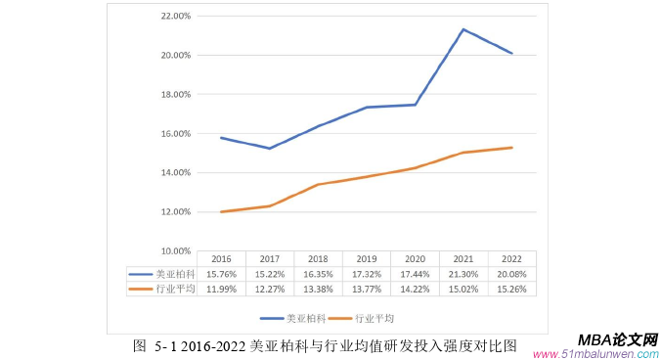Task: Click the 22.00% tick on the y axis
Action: (174, 17)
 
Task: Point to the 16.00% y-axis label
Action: (174, 134)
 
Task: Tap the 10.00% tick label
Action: (174, 250)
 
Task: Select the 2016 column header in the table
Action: (221, 260)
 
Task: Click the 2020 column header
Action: (415, 260)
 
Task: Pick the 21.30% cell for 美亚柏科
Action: (463, 274)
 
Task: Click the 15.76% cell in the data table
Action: (221, 274)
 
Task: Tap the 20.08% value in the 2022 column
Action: (511, 274)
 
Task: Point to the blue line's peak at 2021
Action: (463, 29)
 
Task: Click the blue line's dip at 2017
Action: (270, 149)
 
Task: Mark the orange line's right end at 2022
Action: (511, 148)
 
